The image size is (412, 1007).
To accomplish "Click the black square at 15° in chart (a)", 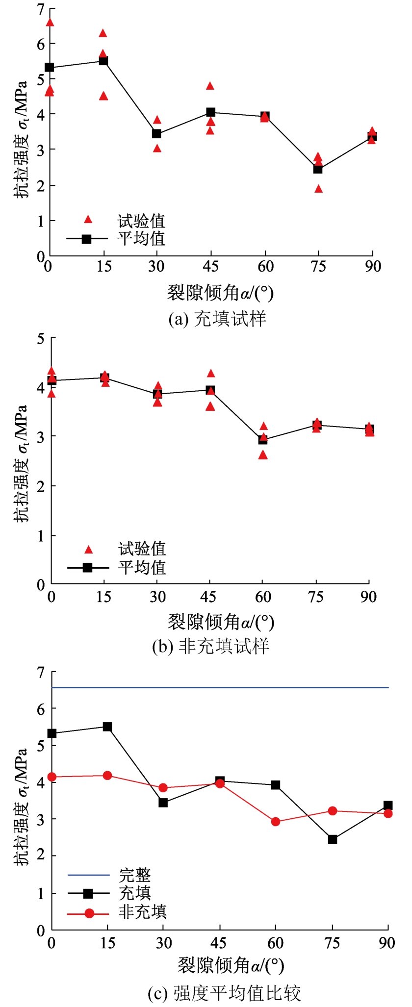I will tap(103, 61).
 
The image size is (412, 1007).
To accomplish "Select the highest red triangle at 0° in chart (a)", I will tap(50, 22).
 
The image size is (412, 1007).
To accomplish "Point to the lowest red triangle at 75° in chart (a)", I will tap(318, 189).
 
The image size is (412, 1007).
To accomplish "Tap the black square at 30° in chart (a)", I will tap(157, 133).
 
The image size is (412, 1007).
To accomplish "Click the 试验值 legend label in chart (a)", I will tap(141, 221).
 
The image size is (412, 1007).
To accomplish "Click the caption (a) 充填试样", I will tap(217, 319).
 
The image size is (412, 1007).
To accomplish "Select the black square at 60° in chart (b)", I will tap(263, 440).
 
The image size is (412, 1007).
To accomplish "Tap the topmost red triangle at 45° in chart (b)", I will tap(211, 374).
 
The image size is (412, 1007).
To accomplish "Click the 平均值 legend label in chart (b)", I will tap(142, 567).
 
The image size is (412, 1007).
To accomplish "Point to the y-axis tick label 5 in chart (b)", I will tap(41, 338).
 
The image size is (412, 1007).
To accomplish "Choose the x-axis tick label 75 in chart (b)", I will tap(316, 597).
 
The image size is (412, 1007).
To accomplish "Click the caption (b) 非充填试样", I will tap(211, 647).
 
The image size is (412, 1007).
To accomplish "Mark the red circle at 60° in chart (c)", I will tap(275, 822).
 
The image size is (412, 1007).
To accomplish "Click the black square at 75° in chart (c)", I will tap(333, 839).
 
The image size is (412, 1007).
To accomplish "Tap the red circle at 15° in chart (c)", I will tap(107, 776).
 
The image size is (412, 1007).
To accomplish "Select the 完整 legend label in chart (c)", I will tap(135, 875).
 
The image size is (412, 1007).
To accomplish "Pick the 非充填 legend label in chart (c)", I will tap(143, 912).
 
